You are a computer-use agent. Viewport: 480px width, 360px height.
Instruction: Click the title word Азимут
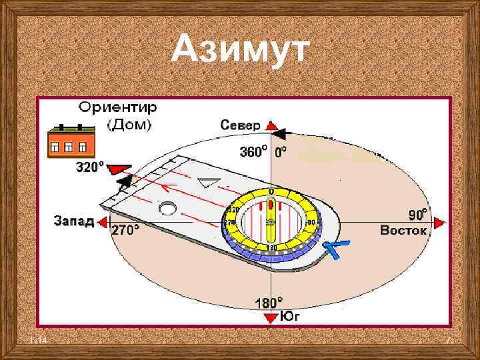[x=240, y=51]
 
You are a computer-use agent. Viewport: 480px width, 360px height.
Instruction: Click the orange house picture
[x=71, y=143]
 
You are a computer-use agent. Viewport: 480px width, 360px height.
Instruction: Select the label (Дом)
[x=129, y=124]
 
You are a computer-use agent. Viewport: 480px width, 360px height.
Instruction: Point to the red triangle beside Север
[x=271, y=125]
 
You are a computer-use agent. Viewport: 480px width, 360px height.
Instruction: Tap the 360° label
[x=253, y=152]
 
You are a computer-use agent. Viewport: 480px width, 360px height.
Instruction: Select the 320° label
[x=90, y=167]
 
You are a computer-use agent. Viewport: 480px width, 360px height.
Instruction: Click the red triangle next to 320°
[x=121, y=167]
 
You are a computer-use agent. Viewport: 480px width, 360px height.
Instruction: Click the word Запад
[x=73, y=221]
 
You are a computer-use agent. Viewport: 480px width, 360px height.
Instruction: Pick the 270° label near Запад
[x=125, y=231]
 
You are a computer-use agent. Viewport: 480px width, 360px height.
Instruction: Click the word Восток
[x=403, y=231]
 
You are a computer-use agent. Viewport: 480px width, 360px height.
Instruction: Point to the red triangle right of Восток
[x=439, y=223]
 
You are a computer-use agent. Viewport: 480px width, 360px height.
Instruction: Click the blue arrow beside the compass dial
[x=336, y=249]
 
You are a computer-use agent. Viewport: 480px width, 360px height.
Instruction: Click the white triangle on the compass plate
[x=210, y=182]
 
